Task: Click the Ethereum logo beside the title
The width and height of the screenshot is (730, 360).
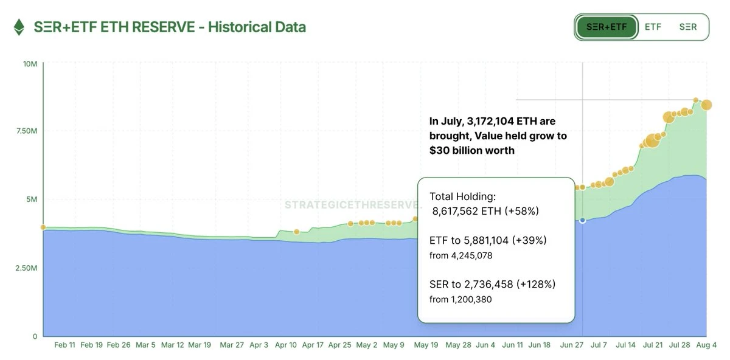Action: coord(19,27)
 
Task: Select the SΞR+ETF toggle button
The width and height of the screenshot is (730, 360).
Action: coord(607,27)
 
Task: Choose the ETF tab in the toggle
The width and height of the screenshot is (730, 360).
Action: coord(653,27)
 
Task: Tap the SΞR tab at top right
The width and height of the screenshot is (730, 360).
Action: coord(687,27)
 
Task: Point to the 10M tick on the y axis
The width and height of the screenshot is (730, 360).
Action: coord(31,63)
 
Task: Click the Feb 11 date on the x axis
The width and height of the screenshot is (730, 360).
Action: coord(65,345)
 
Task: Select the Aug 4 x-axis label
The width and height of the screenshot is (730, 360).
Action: coord(706,345)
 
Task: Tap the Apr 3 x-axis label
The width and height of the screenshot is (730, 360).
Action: coord(259,345)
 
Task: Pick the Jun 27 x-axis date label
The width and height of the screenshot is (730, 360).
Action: coord(571,345)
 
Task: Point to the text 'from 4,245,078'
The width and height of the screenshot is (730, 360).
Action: coord(461,255)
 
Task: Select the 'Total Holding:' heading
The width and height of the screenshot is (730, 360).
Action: coord(462,196)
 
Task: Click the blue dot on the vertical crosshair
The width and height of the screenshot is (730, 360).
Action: coord(583,220)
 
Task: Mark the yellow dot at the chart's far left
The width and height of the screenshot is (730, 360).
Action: coord(43,227)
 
